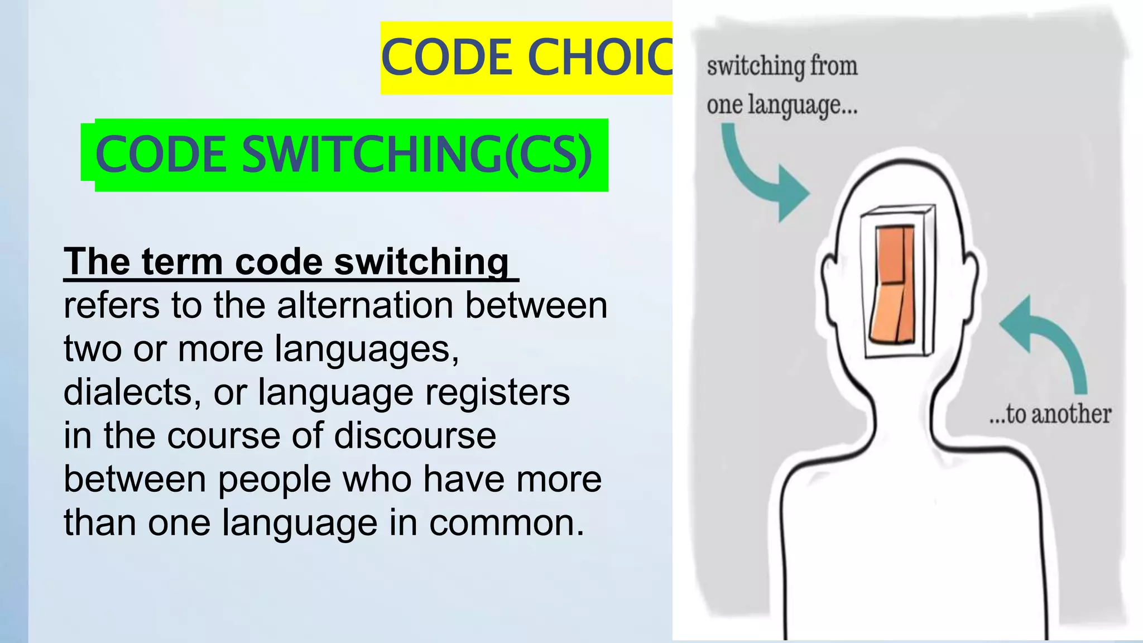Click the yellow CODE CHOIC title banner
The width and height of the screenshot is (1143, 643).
[x=526, y=57]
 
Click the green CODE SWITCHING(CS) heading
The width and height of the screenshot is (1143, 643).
[x=344, y=155]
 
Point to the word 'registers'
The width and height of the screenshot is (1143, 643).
[x=497, y=392]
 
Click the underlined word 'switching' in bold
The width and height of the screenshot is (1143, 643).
[x=421, y=262]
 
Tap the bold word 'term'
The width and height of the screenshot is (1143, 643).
[x=182, y=262]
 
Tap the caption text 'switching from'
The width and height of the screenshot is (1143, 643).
[x=782, y=66]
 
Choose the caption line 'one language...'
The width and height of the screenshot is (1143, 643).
[x=782, y=105]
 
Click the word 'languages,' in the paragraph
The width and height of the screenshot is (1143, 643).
[x=367, y=349]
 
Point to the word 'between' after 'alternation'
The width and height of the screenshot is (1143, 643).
[x=536, y=306]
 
